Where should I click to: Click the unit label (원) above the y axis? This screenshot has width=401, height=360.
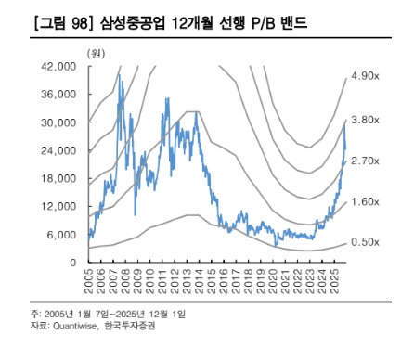96,53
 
